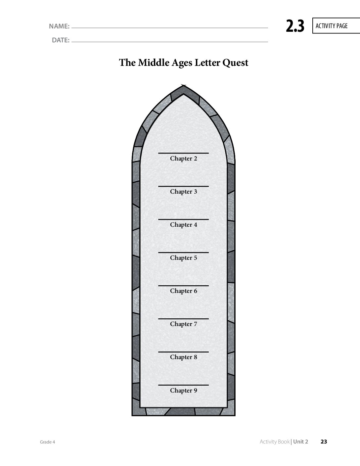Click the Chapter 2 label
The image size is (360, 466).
183,159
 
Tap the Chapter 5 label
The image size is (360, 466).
183,258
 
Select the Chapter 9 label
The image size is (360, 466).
183,390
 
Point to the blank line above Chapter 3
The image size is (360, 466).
183,186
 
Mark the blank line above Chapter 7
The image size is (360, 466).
183,319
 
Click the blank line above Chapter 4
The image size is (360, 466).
183,219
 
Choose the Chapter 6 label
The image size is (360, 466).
183,291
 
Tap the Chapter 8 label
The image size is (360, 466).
183,357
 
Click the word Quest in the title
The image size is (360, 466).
235,63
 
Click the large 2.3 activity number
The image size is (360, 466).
295,26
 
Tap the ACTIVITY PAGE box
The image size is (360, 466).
336,26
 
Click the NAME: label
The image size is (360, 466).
59,26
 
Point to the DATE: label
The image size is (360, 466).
61,40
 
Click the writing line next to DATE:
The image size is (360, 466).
170,42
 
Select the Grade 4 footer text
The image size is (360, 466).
47,442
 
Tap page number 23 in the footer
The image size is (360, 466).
324,442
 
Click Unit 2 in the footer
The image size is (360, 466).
301,442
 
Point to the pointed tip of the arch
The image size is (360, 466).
183,85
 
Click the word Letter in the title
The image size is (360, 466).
207,63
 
